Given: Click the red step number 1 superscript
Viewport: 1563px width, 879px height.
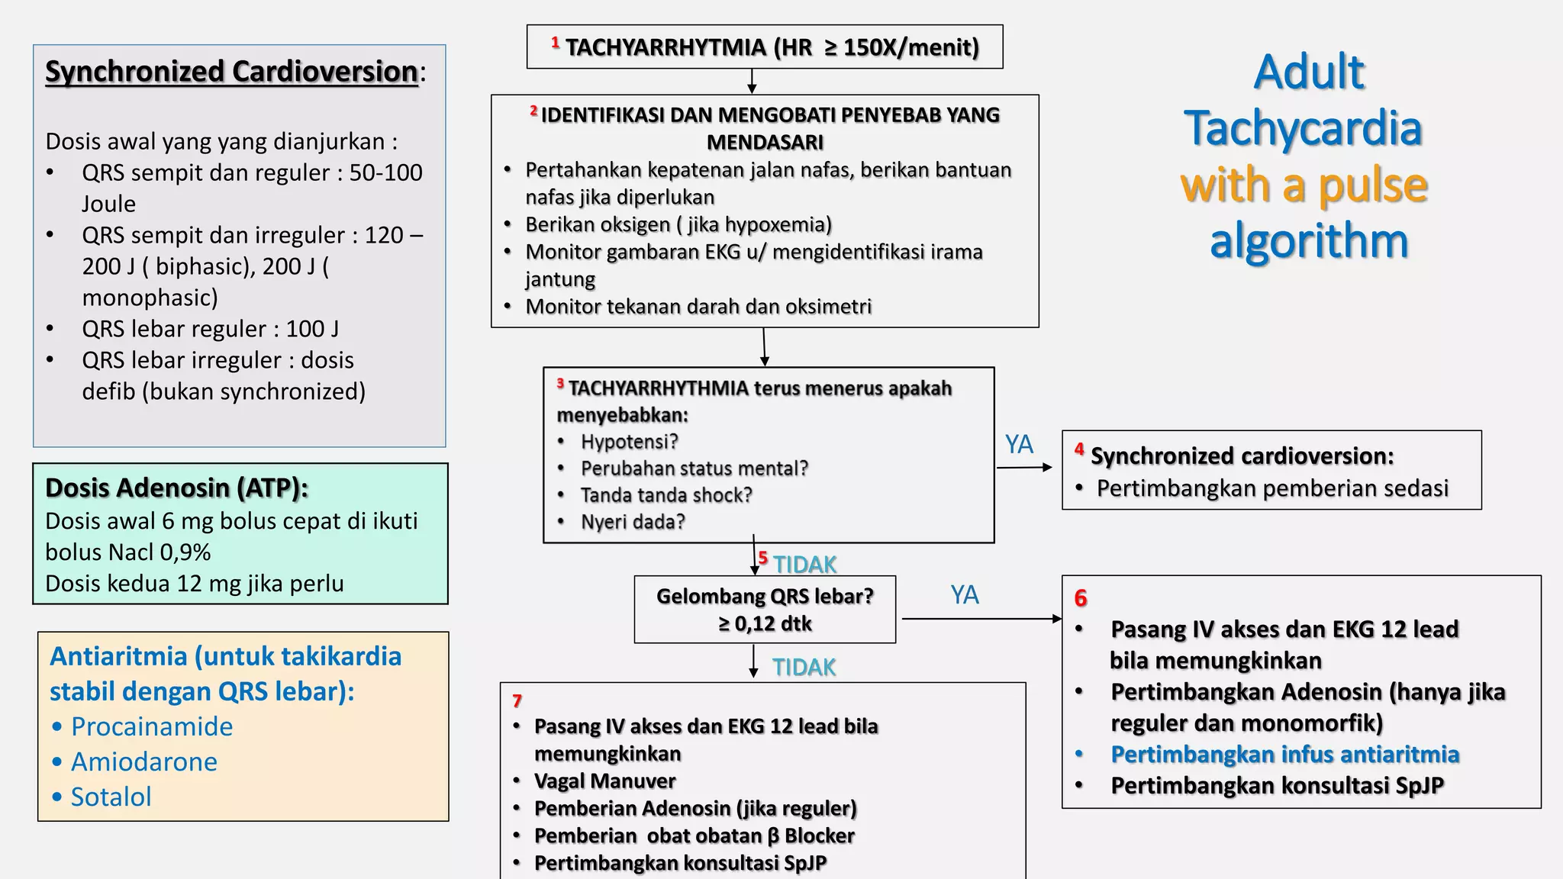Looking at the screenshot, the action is click(x=556, y=42).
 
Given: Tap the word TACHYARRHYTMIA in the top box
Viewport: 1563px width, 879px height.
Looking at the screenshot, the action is click(x=665, y=47).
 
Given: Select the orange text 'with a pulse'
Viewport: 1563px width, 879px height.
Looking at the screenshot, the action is click(x=1304, y=185).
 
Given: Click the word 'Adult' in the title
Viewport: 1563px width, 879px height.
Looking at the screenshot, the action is click(x=1308, y=72).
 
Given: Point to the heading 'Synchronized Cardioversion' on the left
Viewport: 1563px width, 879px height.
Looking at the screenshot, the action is click(x=231, y=72).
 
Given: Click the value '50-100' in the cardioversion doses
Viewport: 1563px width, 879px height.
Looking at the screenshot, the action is click(x=385, y=172).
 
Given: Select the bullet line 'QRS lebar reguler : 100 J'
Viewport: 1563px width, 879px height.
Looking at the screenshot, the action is click(x=210, y=329).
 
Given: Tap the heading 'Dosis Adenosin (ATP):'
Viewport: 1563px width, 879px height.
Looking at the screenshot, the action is click(x=176, y=488).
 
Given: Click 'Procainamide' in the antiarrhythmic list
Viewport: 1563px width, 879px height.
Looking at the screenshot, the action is click(x=152, y=726).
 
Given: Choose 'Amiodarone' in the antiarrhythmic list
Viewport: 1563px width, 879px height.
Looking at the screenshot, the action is click(x=144, y=761).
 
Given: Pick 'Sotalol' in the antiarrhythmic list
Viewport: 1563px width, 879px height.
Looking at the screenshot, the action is click(x=111, y=797).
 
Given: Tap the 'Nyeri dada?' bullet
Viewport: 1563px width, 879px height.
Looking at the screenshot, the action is click(x=633, y=522).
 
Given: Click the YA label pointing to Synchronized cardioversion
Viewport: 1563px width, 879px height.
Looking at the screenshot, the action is click(x=1019, y=444).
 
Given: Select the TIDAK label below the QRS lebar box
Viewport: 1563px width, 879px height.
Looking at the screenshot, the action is click(x=804, y=668).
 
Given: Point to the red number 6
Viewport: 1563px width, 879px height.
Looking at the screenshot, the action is click(x=1081, y=598).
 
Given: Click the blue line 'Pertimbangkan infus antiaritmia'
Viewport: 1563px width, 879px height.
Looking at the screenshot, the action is click(x=1284, y=755).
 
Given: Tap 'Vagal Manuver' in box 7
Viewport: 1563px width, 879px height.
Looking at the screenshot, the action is click(x=604, y=781).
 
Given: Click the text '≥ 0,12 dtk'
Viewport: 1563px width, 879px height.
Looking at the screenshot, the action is click(x=765, y=624).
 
